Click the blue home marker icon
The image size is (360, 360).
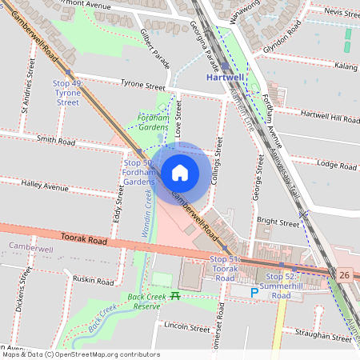[x=180, y=173]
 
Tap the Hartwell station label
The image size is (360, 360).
[x=225, y=78]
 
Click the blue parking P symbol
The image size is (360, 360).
[x=255, y=293]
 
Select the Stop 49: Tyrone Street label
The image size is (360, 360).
[x=67, y=93]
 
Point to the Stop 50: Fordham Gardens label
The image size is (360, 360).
[x=138, y=172]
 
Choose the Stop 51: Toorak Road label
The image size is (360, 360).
[x=225, y=264]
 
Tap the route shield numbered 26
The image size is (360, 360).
[x=345, y=275]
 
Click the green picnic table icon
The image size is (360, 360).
[x=175, y=295]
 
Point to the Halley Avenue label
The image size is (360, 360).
[x=46, y=185]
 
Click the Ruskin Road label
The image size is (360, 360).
[x=92, y=279]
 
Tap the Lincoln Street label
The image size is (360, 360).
[x=186, y=327]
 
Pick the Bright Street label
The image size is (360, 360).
[x=278, y=221]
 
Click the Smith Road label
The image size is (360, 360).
[x=55, y=142]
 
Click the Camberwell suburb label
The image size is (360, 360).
[x=30, y=249]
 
